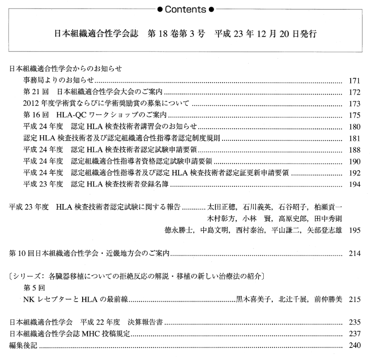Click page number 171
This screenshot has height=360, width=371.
coord(354,80)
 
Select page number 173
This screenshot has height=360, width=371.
coord(354,104)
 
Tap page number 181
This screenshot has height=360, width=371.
coord(354,138)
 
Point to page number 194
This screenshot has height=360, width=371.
coord(354,185)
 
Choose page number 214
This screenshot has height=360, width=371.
coord(354,253)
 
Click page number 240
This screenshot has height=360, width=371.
coord(354,345)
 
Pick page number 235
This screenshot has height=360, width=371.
coord(354,322)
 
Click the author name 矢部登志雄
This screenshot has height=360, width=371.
coord(324,230)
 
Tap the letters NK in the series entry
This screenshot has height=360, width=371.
coord(28,299)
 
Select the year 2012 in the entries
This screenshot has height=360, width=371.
coord(30,104)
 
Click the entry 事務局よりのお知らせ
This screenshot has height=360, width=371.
coord(59,80)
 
